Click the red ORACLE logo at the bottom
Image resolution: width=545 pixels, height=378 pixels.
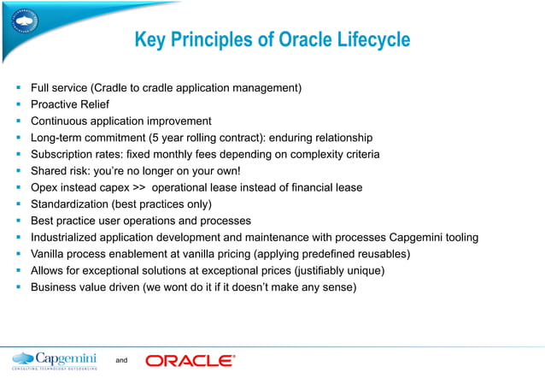point(190,360)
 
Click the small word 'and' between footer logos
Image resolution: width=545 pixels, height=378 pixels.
point(121,361)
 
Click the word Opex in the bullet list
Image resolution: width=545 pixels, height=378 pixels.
point(44,187)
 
